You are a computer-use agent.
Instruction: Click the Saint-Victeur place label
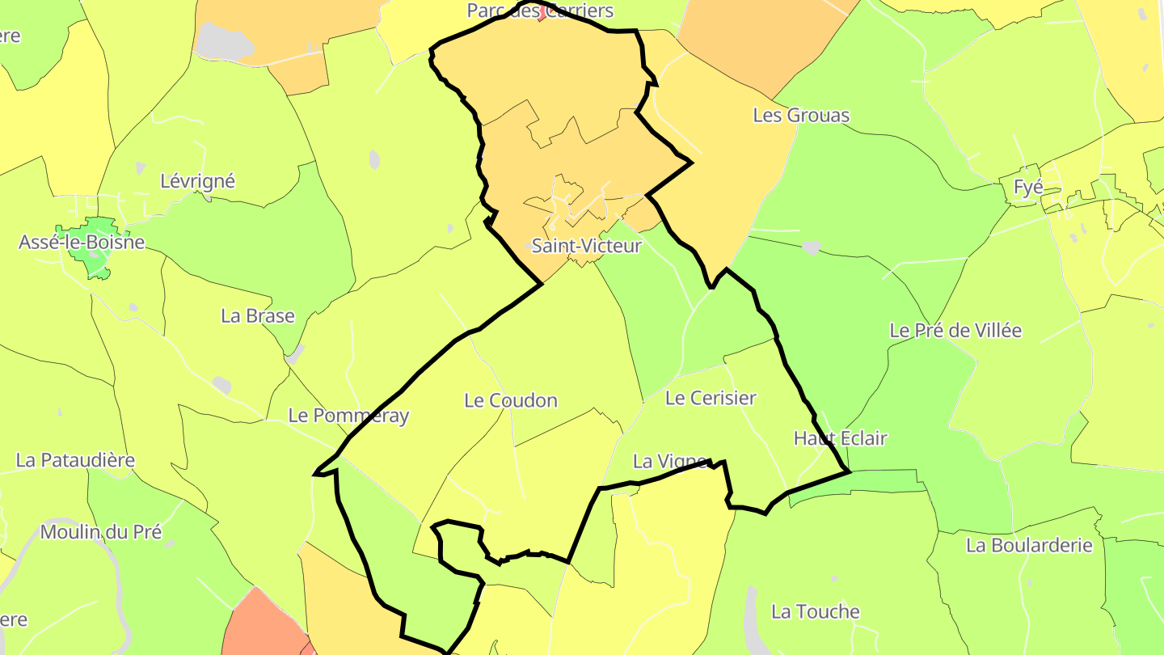click(586, 246)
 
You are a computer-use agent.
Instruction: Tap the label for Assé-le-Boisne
click(82, 242)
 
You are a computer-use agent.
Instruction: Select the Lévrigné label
click(197, 180)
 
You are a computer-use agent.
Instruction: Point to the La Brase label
click(258, 315)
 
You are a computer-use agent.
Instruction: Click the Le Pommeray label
click(348, 416)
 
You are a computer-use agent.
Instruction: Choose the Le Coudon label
click(511, 400)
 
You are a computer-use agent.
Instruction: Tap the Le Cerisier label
click(711, 398)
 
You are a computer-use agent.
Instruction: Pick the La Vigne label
click(670, 462)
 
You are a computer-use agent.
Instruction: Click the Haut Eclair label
click(840, 438)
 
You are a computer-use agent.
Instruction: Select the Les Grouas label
click(801, 116)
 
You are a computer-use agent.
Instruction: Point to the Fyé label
click(1028, 188)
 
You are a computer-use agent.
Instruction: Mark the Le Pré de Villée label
click(955, 331)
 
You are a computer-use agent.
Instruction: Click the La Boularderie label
click(1029, 545)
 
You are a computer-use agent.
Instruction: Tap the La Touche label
click(815, 611)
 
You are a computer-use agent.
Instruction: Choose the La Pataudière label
click(75, 460)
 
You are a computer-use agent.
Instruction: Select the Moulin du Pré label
click(101, 532)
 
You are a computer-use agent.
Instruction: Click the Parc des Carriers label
click(540, 11)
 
